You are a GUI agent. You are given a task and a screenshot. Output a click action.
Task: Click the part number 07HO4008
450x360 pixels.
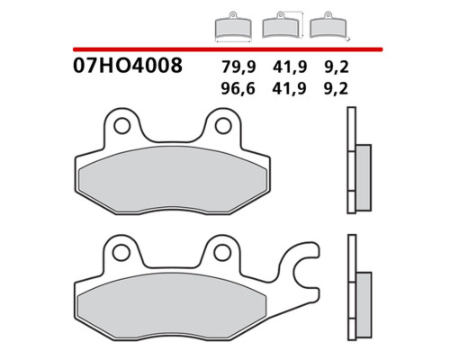(128, 66)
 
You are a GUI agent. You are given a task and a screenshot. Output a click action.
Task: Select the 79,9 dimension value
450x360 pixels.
(238, 67)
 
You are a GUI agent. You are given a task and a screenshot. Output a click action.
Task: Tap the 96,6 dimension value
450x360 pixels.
(238, 88)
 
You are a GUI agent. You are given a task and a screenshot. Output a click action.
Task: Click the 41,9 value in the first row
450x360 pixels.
(290, 67)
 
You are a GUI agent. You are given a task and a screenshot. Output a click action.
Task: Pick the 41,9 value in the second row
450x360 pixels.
(290, 88)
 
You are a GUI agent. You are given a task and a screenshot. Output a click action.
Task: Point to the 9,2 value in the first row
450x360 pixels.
(337, 67)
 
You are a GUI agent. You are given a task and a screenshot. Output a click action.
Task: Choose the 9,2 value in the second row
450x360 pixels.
(337, 88)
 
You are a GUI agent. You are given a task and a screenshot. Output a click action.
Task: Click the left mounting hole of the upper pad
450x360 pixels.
(122, 126)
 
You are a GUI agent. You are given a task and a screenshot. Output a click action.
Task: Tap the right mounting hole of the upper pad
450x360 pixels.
(223, 126)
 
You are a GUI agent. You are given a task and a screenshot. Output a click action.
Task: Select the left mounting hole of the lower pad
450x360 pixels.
(121, 253)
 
